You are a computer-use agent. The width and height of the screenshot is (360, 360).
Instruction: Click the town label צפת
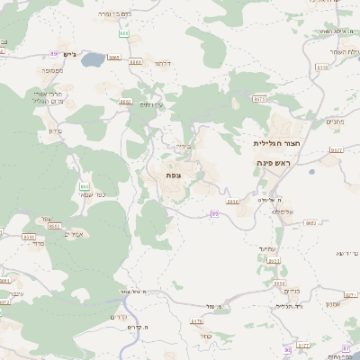tap(173, 175)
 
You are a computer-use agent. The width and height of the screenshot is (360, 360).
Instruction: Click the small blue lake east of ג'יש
tap(114, 58)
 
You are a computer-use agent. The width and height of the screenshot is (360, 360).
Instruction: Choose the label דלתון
tap(161, 65)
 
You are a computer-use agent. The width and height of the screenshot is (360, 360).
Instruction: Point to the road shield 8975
tap(260, 98)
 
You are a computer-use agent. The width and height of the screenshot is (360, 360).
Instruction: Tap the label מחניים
tap(334, 121)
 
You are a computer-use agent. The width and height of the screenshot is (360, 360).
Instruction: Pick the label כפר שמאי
tap(91, 195)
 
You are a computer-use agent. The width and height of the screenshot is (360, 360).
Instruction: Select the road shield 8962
tap(310, 221)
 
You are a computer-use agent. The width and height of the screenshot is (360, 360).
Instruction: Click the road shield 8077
tap(302, 344)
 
